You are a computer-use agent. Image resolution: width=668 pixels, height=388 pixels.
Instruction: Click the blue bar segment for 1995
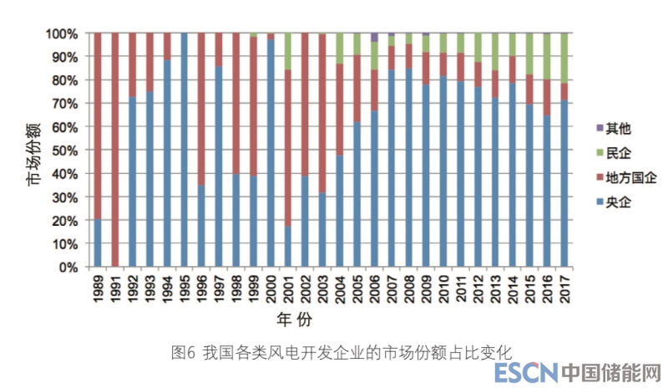point(185,151)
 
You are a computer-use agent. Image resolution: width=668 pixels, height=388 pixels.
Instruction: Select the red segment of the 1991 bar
point(115,151)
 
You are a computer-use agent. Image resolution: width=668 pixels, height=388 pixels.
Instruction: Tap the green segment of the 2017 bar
point(565,58)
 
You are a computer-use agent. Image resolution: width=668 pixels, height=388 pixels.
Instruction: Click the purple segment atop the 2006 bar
point(375,37)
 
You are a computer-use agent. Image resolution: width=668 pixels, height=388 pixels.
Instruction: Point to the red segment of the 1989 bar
point(98,125)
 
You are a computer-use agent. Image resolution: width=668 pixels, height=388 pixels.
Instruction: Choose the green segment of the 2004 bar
point(340,48)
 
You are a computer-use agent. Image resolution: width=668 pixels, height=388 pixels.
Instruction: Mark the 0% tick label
point(68,268)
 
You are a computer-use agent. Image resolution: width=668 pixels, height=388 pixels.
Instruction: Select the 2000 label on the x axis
point(271,291)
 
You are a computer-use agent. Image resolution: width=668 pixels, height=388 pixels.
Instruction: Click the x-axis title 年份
point(296,320)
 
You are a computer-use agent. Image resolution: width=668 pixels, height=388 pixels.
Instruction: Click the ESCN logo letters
point(523,373)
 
